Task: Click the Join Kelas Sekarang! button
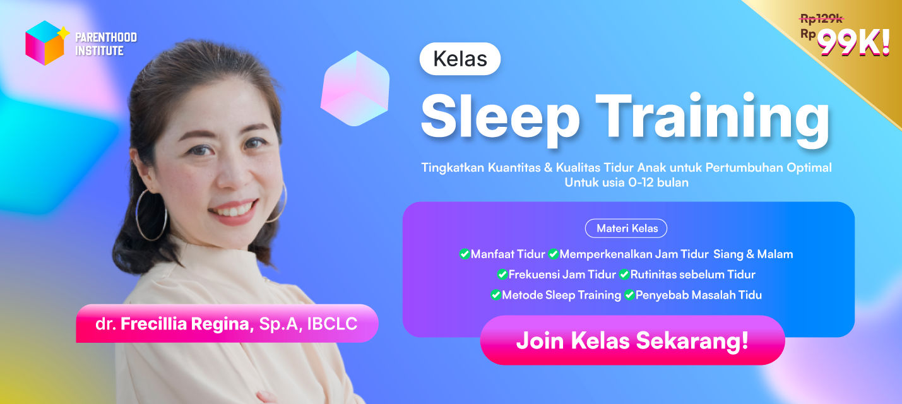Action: (x=632, y=340)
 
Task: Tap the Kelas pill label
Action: (x=460, y=59)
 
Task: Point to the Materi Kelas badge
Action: (x=626, y=229)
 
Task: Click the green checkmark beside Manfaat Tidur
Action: (x=465, y=254)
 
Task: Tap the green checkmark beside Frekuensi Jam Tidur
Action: (x=502, y=275)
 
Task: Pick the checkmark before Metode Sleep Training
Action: (x=496, y=295)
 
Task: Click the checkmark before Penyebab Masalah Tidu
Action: (x=629, y=295)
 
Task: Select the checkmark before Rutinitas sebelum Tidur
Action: (x=624, y=275)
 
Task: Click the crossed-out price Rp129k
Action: (x=822, y=19)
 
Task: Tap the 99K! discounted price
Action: (x=853, y=42)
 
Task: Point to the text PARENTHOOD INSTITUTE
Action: (x=105, y=44)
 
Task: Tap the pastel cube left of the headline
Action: (x=355, y=88)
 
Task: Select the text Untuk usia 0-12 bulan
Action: (x=626, y=183)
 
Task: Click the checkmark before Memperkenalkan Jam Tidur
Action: (x=553, y=254)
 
